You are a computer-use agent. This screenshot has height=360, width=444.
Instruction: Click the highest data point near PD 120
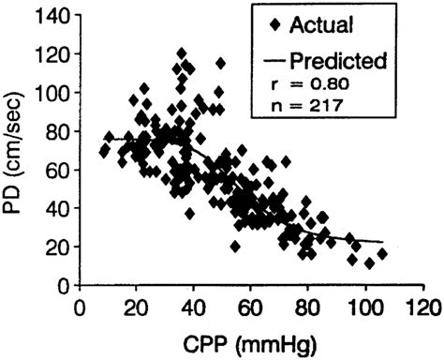182,53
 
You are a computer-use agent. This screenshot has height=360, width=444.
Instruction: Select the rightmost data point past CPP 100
382,254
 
